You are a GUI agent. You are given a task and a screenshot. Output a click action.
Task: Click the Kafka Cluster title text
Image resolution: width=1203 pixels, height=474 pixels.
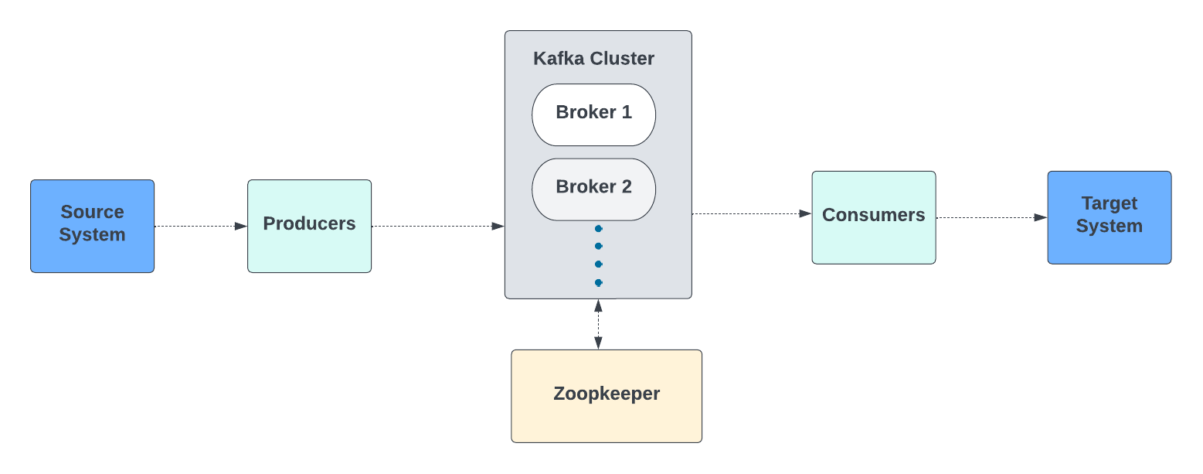pyautogui.click(x=593, y=59)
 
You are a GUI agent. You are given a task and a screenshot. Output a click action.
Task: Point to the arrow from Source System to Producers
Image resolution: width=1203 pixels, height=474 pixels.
pyautogui.click(x=201, y=227)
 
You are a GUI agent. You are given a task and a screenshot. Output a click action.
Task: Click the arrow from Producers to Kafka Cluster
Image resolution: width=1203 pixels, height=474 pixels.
pyautogui.click(x=437, y=227)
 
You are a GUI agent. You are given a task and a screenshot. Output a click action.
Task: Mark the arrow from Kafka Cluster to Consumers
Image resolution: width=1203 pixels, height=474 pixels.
pyautogui.click(x=751, y=213)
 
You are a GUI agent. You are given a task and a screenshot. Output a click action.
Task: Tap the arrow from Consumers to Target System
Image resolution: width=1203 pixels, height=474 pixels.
pyautogui.click(x=991, y=218)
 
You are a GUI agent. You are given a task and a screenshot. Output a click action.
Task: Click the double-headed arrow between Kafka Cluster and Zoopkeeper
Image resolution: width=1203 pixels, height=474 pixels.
pyautogui.click(x=598, y=324)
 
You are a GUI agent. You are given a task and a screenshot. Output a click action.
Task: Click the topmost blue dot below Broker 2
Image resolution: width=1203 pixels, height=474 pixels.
pyautogui.click(x=598, y=229)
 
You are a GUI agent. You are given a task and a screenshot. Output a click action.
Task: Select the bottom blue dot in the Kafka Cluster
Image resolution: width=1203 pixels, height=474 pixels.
pyautogui.click(x=598, y=283)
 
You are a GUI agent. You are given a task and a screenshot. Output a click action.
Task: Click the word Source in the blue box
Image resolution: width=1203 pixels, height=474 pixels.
pyautogui.click(x=92, y=212)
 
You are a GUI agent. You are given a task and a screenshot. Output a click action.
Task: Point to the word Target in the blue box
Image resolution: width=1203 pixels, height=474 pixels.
pyautogui.click(x=1109, y=203)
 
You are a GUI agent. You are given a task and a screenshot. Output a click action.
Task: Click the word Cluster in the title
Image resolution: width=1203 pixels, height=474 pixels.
pyautogui.click(x=622, y=59)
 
